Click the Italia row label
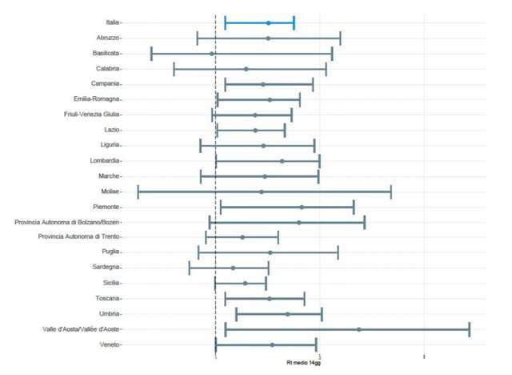tap(113, 22)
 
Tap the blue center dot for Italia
tap(268, 22)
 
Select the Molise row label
tap(110, 192)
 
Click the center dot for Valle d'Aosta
tap(358, 329)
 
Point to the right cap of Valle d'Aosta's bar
tap(469, 329)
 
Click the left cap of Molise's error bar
tap(138, 192)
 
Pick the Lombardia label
tap(105, 161)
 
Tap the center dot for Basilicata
tap(211, 54)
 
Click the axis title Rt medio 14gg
tap(306, 363)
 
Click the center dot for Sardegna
tap(233, 268)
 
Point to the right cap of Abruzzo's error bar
tap(340, 38)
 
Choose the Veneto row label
tap(109, 345)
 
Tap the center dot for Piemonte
tap(302, 207)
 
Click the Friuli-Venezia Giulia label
tap(91, 115)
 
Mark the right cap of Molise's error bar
tap(390, 192)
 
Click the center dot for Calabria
tap(246, 69)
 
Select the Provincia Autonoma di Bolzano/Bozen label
tap(67, 222)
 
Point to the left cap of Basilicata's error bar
tap(151, 54)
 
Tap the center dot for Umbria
tap(288, 314)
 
